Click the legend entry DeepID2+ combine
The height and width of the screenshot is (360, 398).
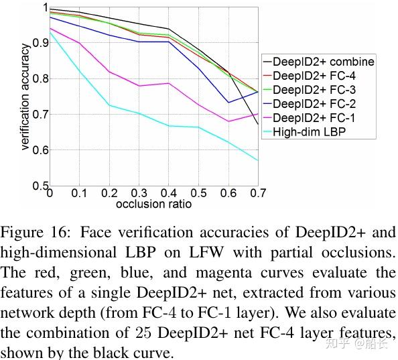[x=323, y=62]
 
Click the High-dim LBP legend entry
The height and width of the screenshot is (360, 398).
[x=309, y=132]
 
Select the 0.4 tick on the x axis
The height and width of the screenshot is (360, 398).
[x=169, y=194]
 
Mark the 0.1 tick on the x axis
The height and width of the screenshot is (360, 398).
[x=80, y=194]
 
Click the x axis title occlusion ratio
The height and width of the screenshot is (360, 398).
[x=153, y=203]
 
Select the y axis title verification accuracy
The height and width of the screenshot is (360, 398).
[x=25, y=97]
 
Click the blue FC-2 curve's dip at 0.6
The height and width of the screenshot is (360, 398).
[x=228, y=103]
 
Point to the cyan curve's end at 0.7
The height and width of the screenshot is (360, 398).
[x=258, y=160]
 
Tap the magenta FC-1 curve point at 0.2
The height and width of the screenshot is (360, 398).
[x=109, y=72]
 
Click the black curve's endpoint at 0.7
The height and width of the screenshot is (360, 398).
[x=258, y=124]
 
